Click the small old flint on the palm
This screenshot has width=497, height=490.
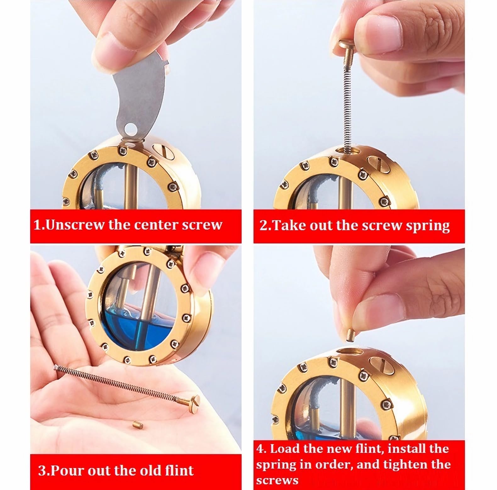point(137,426)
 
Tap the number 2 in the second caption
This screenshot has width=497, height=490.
point(263,226)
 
